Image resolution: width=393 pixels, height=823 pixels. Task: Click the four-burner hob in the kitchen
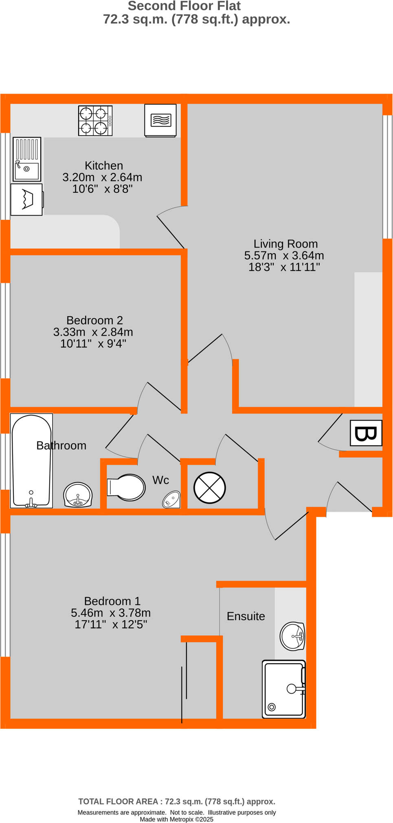95,121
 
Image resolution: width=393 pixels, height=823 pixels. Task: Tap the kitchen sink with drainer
27,159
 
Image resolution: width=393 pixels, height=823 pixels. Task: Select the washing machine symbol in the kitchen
26,199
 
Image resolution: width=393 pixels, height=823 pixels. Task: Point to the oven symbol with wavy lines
160,120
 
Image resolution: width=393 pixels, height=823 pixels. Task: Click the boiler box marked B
366,433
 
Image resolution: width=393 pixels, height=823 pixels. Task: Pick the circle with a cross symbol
209,487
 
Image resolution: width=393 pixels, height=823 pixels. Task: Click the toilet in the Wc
126,487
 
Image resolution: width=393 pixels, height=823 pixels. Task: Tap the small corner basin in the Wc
171,499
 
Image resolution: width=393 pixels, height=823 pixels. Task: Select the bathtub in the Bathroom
31,461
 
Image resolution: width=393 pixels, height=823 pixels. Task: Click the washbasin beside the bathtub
78,495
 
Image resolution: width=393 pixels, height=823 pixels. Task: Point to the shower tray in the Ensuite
284,689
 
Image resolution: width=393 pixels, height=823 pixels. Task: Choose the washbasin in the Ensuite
292,636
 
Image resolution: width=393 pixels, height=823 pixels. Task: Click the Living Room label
285,244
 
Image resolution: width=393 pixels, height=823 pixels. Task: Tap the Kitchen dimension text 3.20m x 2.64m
102,177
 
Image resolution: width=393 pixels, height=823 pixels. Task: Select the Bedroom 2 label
94,320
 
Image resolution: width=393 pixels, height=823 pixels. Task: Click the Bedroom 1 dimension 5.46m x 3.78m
111,613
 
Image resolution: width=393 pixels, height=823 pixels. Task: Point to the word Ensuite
246,616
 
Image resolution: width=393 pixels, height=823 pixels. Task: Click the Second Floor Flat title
184,6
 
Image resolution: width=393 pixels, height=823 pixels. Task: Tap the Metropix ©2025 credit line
176,819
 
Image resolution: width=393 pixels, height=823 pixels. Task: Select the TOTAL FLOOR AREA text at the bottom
176,801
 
